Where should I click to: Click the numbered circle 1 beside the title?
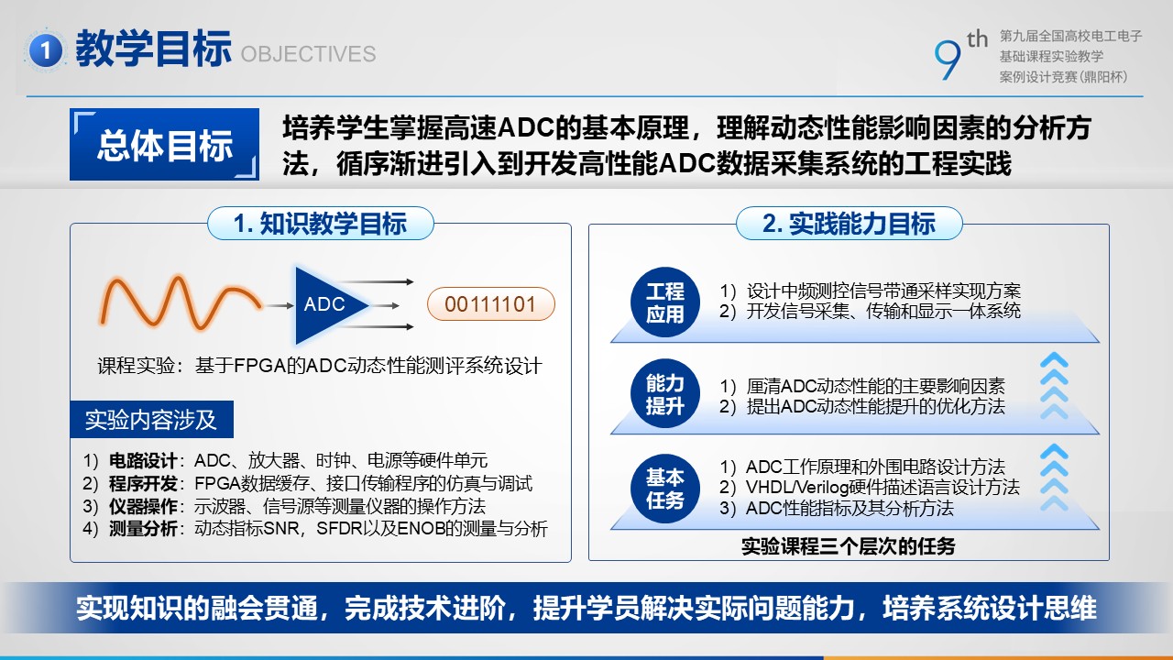(46, 50)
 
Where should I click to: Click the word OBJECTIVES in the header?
(309, 54)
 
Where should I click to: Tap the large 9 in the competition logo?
(948, 60)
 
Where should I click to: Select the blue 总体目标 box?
(164, 145)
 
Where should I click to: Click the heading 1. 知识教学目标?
(321, 224)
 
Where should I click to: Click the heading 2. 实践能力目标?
(849, 224)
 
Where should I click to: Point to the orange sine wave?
(181, 302)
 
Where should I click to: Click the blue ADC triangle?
(331, 305)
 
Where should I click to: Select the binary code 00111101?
(490, 304)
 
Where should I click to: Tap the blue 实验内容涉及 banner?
(151, 420)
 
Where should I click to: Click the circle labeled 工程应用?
(665, 302)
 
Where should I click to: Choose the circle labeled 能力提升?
(665, 394)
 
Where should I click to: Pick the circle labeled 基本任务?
(665, 489)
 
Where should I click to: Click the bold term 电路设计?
(143, 461)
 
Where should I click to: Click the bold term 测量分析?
(143, 529)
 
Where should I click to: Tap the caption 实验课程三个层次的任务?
(849, 547)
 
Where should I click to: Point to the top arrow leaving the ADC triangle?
(376, 281)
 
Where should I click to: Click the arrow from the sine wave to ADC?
(280, 305)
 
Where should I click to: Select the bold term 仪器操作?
(143, 507)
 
